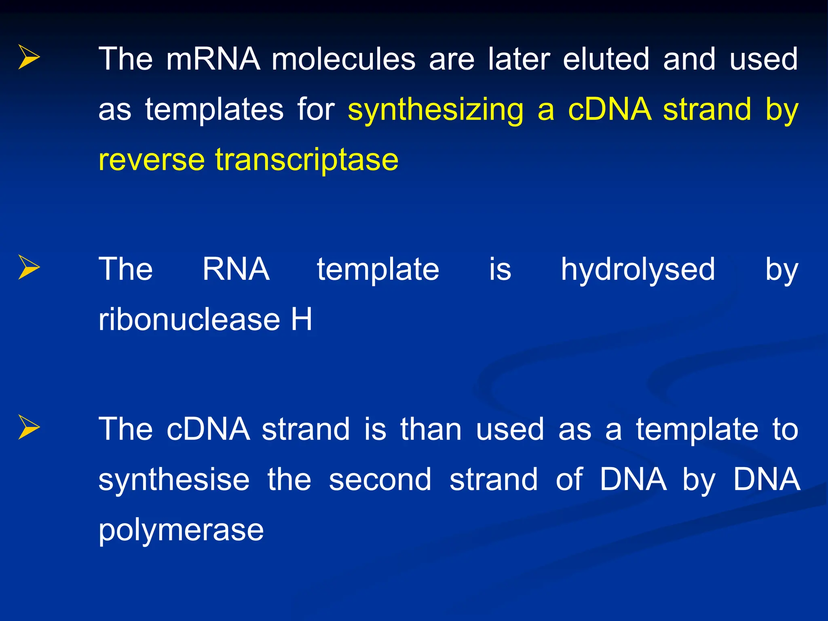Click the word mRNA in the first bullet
tap(213, 59)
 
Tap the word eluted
tap(606, 59)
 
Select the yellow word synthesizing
tap(435, 110)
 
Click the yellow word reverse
tap(151, 160)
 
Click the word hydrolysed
tap(638, 270)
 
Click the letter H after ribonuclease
tap(302, 319)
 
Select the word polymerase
tap(181, 530)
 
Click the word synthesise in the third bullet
tap(174, 480)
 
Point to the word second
tap(380, 480)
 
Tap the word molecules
tap(343, 59)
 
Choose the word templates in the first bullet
tap(214, 110)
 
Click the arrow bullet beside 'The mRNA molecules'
tap(29, 57)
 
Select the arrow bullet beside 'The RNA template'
tap(29, 267)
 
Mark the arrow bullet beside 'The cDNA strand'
tap(29, 427)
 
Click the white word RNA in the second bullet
tap(236, 269)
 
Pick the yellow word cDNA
tap(609, 110)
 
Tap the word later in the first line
tap(519, 59)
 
